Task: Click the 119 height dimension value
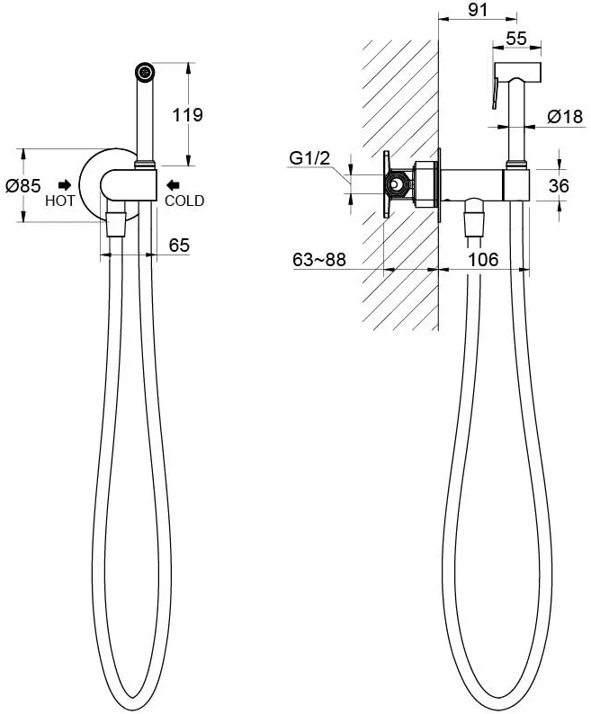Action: pos(188,115)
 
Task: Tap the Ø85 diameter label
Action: pos(22,185)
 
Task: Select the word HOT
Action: pos(59,201)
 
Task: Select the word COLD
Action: pos(184,201)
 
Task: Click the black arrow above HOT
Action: pos(65,184)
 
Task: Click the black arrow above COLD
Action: pos(173,185)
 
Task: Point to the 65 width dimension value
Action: pos(179,245)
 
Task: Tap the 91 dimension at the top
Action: pos(478,10)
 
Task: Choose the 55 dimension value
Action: pos(516,39)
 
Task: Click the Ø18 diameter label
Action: pos(565,117)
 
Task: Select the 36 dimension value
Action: pos(559,186)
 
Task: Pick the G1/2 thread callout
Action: pos(309,158)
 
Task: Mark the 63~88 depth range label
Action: pos(319,260)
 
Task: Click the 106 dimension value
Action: pos(483,260)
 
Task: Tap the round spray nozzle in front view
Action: pos(146,72)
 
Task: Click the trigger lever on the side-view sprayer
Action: pos(496,93)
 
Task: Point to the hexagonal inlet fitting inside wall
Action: pos(398,185)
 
